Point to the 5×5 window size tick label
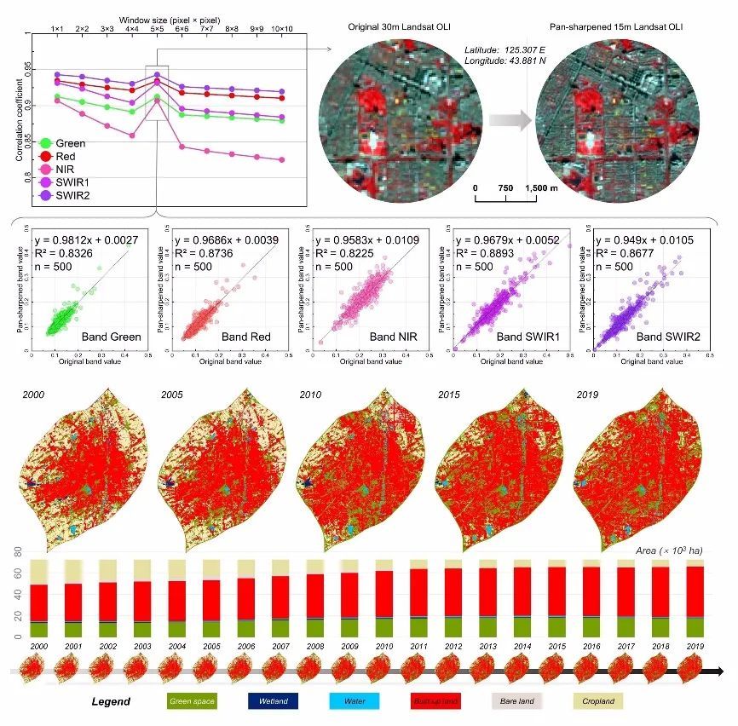pyautogui.click(x=157, y=29)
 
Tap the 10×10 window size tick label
pyautogui.click(x=282, y=29)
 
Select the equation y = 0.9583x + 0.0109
pyautogui.click(x=362, y=240)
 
